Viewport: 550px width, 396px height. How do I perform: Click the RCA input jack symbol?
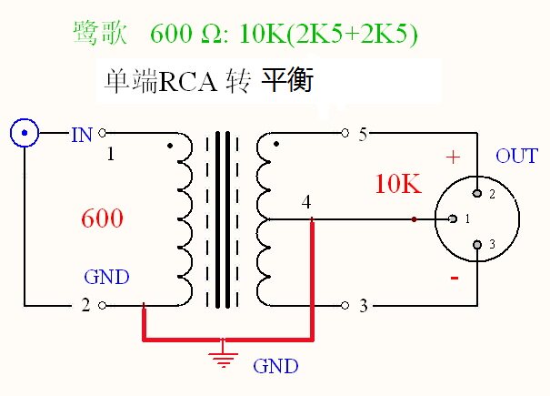(x=25, y=135)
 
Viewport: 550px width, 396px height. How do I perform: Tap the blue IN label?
(x=82, y=135)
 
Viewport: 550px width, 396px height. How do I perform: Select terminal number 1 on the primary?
(x=110, y=154)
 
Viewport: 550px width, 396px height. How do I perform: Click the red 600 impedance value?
(x=102, y=218)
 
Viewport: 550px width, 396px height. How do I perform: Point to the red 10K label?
(x=397, y=184)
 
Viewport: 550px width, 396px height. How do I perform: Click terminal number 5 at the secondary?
(x=363, y=135)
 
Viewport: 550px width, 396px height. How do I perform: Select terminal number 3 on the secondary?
(x=363, y=306)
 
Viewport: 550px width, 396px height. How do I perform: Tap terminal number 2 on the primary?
(x=85, y=306)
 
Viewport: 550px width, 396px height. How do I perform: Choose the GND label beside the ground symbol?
(x=275, y=366)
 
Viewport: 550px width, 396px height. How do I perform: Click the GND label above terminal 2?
(x=106, y=278)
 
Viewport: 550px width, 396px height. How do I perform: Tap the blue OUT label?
(x=516, y=157)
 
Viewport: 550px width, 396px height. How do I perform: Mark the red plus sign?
(x=453, y=157)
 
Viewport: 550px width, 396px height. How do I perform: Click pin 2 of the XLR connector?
(x=479, y=194)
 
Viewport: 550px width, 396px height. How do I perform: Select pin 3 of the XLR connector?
(x=479, y=244)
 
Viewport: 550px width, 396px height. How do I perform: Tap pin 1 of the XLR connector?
(x=454, y=219)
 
